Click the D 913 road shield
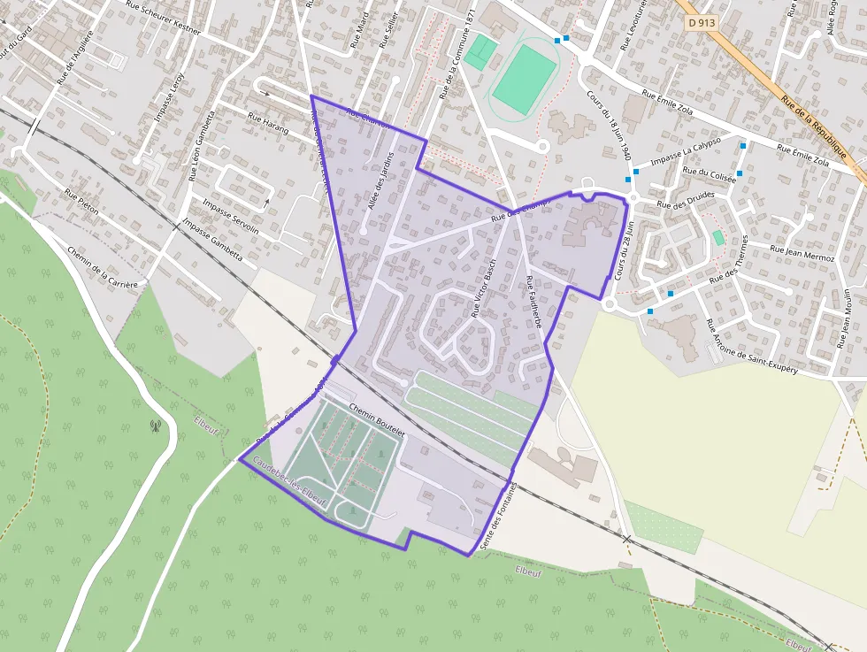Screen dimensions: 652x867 click(701, 22)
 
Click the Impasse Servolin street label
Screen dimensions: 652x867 click(231, 217)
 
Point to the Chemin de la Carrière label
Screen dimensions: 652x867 click(103, 267)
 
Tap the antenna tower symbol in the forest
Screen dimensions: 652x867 click(156, 426)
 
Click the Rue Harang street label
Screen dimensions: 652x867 click(268, 123)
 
